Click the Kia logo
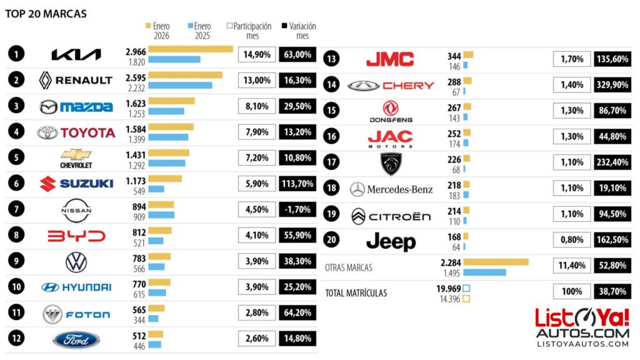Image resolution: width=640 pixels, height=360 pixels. pyautogui.click(x=76, y=54)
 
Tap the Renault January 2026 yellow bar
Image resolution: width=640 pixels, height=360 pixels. pyautogui.click(x=185, y=75)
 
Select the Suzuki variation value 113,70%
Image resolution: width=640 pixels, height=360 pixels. pyautogui.click(x=297, y=184)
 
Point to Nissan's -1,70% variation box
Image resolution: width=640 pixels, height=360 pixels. pyautogui.click(x=297, y=209)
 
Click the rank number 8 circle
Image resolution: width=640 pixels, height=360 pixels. pyautogui.click(x=16, y=236)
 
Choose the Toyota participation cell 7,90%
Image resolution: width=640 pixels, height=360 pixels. pyautogui.click(x=257, y=132)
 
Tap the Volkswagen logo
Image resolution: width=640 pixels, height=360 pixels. pyautogui.click(x=76, y=262)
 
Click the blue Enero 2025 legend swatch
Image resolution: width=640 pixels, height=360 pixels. pyautogui.click(x=190, y=26)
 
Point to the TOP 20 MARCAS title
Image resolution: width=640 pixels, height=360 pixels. pyautogui.click(x=46, y=13)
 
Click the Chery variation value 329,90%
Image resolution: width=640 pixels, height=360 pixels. pyautogui.click(x=612, y=85)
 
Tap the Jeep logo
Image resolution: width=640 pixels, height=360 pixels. pyautogui.click(x=391, y=241)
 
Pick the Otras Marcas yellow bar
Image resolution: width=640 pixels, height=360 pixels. pyautogui.click(x=496, y=262)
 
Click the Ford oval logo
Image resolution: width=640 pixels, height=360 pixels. pyautogui.click(x=76, y=339)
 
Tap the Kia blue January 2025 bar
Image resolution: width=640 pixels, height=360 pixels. pyautogui.click(x=174, y=59)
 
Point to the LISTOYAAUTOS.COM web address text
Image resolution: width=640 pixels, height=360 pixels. pyautogui.click(x=582, y=343)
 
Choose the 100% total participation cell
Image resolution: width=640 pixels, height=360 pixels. pyautogui.click(x=572, y=292)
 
